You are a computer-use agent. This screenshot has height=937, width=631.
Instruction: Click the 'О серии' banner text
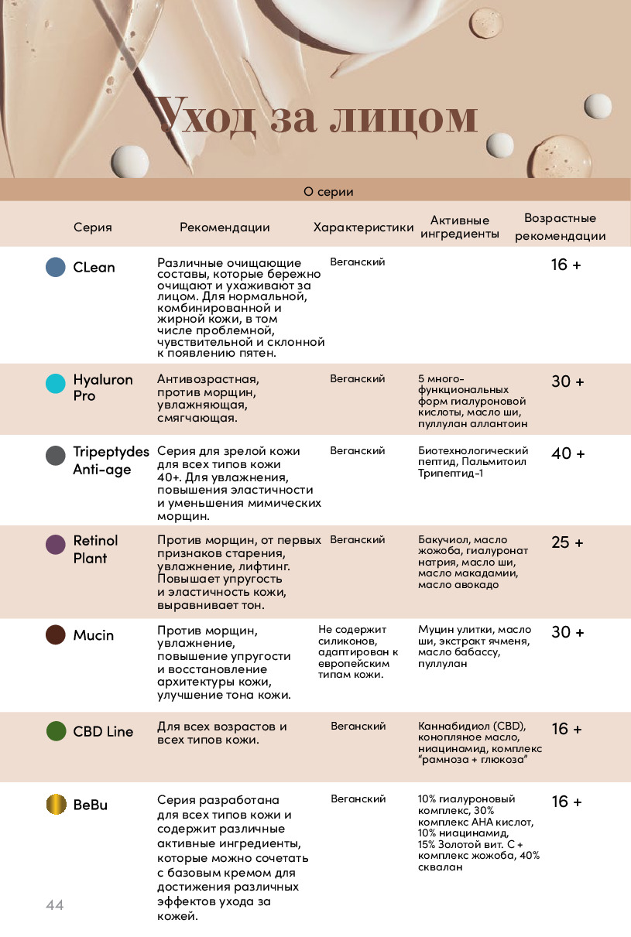coord(328,191)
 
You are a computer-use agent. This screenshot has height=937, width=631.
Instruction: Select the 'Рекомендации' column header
coord(225,227)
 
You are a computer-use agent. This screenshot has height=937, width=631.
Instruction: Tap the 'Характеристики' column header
coord(364,227)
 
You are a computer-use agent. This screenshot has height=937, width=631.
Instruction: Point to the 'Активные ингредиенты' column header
coord(460,227)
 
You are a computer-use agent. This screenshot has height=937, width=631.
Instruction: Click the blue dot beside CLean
coord(56,267)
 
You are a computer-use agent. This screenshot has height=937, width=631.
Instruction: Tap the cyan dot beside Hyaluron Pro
coord(56,384)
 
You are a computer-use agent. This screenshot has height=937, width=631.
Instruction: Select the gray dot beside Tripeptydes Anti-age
coord(56,455)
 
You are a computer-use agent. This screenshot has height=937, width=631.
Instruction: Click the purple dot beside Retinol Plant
coord(56,544)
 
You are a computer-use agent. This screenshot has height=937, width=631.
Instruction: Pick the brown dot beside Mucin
coord(56,635)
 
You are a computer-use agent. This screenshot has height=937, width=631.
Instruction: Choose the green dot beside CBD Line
coord(56,731)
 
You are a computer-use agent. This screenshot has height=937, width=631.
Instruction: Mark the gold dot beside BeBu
coord(56,804)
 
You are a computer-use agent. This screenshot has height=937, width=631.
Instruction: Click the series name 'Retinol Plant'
coord(95,549)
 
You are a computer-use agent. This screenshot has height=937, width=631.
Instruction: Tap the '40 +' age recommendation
coord(568,453)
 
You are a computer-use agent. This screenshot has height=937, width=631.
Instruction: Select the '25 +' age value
coord(568,542)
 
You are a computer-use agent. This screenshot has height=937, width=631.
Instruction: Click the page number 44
coord(54,905)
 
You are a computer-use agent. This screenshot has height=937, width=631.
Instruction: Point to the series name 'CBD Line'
coord(103,731)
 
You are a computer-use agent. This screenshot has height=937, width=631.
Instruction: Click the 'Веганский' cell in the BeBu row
coord(358,799)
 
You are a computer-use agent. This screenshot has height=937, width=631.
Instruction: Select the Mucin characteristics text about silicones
coord(358,651)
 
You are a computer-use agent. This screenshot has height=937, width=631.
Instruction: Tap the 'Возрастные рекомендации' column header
coord(560,227)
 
